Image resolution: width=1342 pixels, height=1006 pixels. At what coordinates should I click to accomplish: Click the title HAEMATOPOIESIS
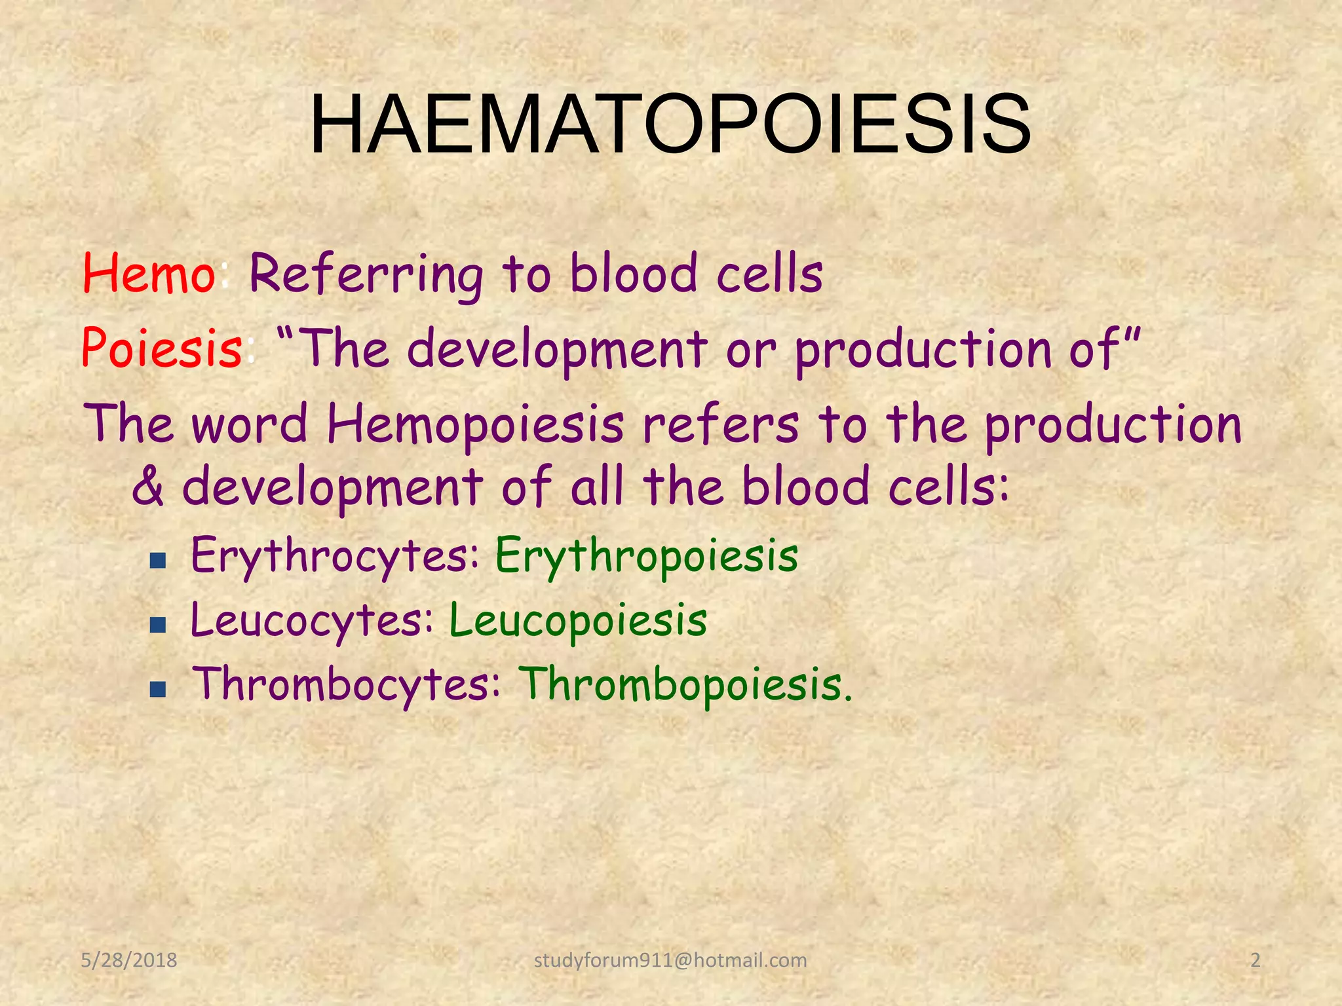[670, 124]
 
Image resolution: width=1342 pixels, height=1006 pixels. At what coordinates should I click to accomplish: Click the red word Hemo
[149, 275]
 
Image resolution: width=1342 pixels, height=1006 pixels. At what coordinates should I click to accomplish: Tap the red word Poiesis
[162, 349]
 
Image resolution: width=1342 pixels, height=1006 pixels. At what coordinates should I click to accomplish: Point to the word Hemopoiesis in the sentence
[475, 424]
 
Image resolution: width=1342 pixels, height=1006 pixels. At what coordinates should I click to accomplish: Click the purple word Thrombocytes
[347, 684]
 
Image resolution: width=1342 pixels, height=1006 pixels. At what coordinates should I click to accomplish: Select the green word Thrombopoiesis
[685, 684]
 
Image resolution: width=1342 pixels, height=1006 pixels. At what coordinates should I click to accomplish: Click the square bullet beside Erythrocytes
[157, 561]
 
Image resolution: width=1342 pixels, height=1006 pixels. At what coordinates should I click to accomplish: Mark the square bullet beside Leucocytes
[157, 625]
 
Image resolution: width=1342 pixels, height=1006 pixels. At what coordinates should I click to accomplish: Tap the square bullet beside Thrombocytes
[157, 689]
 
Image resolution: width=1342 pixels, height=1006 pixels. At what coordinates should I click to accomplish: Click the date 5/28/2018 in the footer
[129, 960]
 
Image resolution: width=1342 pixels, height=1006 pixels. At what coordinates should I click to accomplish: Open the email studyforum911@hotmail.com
[670, 960]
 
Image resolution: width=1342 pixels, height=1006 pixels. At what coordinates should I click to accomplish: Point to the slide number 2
[1255, 960]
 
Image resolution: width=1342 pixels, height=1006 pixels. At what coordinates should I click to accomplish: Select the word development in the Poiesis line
[557, 349]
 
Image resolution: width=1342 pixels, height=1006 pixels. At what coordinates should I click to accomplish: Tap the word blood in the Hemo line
[633, 275]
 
